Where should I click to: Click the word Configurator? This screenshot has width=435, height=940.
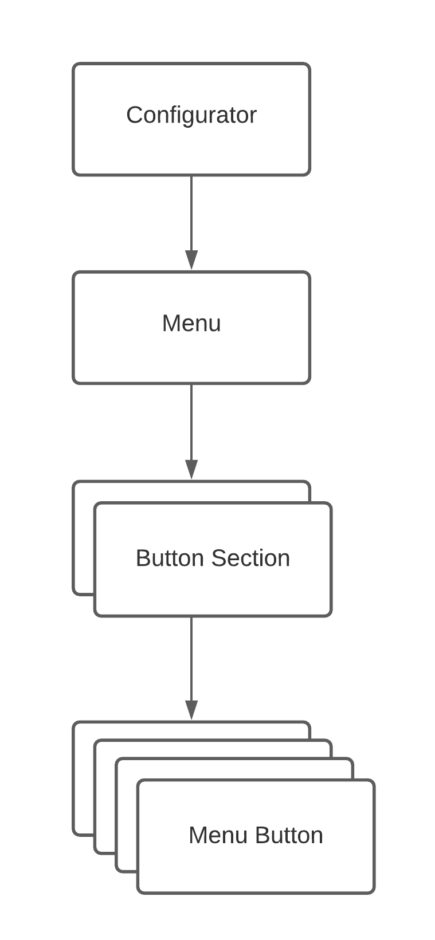191,115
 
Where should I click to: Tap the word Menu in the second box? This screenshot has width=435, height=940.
191,323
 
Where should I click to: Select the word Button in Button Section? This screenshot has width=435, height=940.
170,558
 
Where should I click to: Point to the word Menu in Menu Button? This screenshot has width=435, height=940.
218,835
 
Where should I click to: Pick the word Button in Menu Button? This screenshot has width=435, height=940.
289,835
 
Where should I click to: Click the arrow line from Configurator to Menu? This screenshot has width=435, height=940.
191,212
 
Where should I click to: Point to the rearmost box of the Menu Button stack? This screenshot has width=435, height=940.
83,779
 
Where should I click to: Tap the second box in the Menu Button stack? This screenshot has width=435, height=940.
105,802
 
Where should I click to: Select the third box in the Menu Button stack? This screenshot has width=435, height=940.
126,819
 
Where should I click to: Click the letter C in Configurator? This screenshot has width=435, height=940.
133,115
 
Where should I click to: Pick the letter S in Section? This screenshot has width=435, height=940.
218,558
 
